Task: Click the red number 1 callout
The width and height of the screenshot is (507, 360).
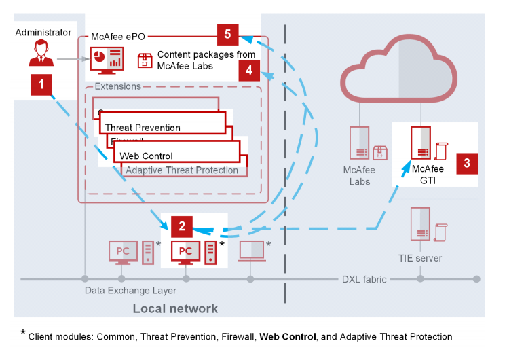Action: (x=41, y=85)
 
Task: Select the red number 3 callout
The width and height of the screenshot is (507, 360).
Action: (x=467, y=163)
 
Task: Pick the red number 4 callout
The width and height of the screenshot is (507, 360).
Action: (x=249, y=69)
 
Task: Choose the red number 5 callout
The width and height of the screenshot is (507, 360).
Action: (x=227, y=33)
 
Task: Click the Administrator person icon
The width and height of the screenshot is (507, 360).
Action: (x=41, y=54)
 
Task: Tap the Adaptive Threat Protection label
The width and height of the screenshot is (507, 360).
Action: (x=182, y=170)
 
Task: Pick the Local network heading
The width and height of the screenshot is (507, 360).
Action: (x=175, y=309)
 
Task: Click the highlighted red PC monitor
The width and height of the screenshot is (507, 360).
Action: (x=185, y=251)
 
